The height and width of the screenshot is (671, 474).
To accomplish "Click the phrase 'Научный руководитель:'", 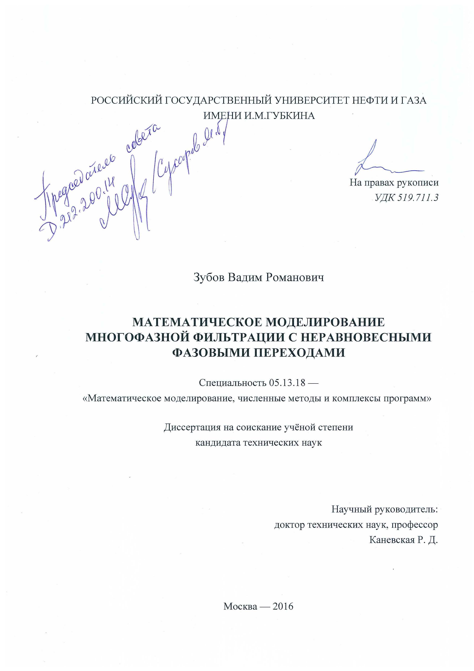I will pos(385,510).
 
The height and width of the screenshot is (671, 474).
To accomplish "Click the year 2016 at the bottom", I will pos(282,606).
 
